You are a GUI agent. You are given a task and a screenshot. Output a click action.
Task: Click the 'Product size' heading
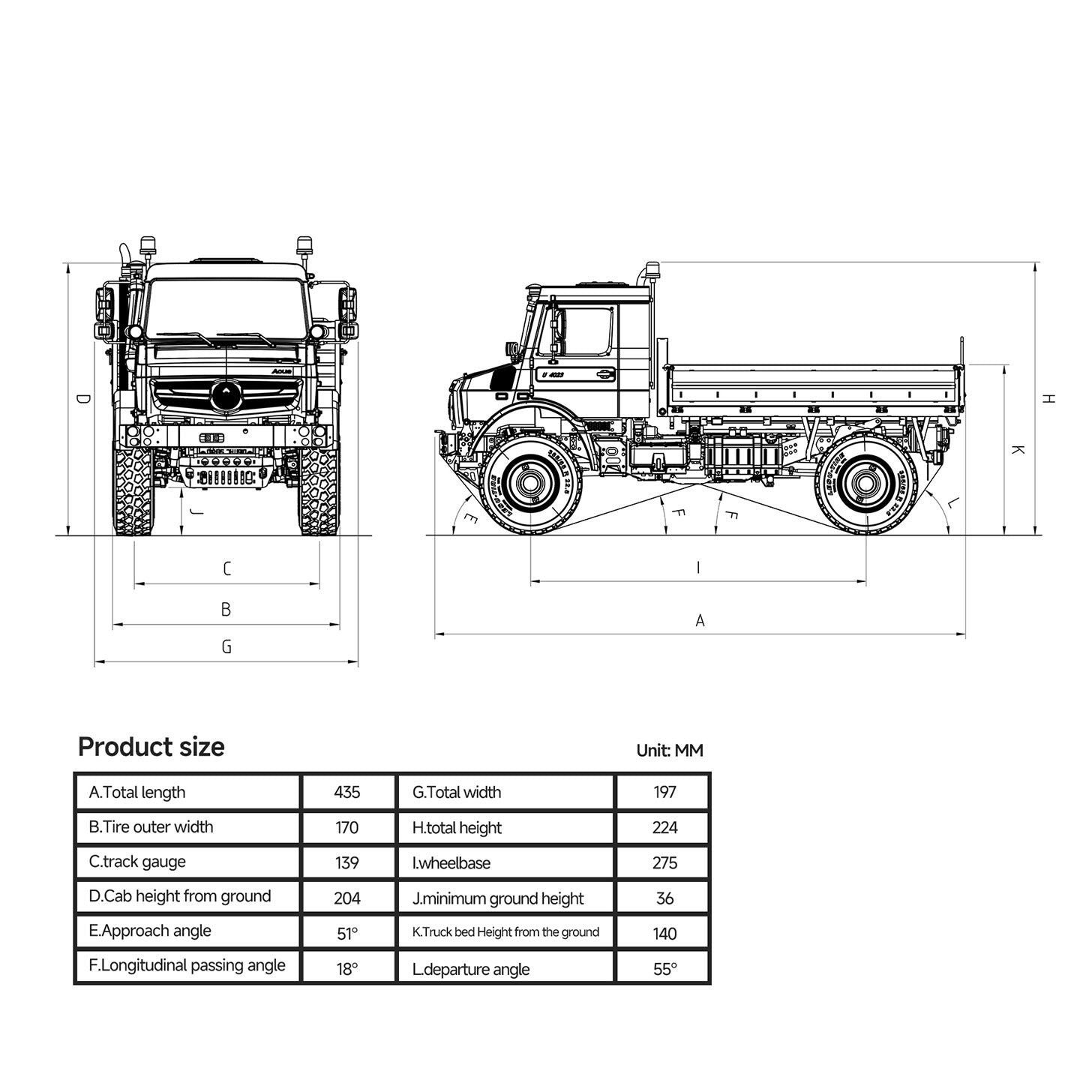coord(151,747)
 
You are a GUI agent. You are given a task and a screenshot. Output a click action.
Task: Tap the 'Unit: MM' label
coord(669,750)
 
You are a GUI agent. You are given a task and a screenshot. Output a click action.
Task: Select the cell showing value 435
coord(346,792)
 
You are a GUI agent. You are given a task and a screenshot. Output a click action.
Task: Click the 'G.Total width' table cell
coord(457,792)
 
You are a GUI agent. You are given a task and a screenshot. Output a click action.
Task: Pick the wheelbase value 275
coord(664,862)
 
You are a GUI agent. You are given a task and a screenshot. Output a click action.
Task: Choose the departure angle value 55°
coord(664,968)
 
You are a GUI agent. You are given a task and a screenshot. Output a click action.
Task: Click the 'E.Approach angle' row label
coord(150,931)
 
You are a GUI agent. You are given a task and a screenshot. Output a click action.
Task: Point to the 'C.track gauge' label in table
coord(137,862)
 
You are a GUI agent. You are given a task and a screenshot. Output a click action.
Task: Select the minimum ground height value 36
coord(664,898)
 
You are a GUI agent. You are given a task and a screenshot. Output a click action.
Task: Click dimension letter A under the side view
coord(700,620)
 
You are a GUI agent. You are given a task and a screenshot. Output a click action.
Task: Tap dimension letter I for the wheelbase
coord(698,568)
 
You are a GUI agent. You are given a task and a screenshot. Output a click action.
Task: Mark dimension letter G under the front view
coord(226,646)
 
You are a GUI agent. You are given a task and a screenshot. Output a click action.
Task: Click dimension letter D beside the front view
coord(83,399)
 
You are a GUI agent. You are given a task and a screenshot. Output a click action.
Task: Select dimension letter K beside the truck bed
coord(1018,450)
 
